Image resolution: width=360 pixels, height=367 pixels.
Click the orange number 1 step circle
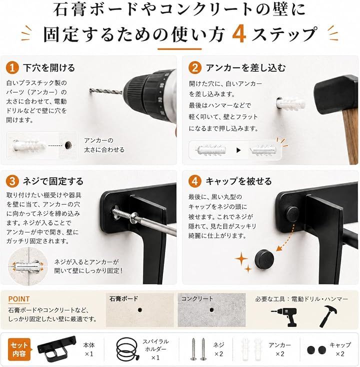(12, 67)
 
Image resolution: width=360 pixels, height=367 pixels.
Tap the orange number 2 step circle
(194, 67)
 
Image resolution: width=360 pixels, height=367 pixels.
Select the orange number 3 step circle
(12, 181)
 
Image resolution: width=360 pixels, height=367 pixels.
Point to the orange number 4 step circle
(194, 181)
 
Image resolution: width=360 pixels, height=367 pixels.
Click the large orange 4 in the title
(239, 34)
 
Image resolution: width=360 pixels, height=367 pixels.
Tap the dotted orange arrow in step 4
(285, 237)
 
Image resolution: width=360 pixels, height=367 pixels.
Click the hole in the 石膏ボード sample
(140, 310)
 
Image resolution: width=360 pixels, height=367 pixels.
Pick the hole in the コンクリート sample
(211, 310)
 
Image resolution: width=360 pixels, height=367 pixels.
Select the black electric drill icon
(285, 317)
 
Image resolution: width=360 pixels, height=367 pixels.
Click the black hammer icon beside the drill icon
(328, 316)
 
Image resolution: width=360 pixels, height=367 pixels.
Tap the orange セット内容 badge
(19, 349)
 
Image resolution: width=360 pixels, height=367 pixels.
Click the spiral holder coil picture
(126, 349)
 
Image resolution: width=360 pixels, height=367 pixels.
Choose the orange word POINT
(18, 299)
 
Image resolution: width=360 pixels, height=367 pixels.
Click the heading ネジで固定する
(53, 181)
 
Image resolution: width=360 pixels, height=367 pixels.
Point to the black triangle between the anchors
(238, 150)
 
